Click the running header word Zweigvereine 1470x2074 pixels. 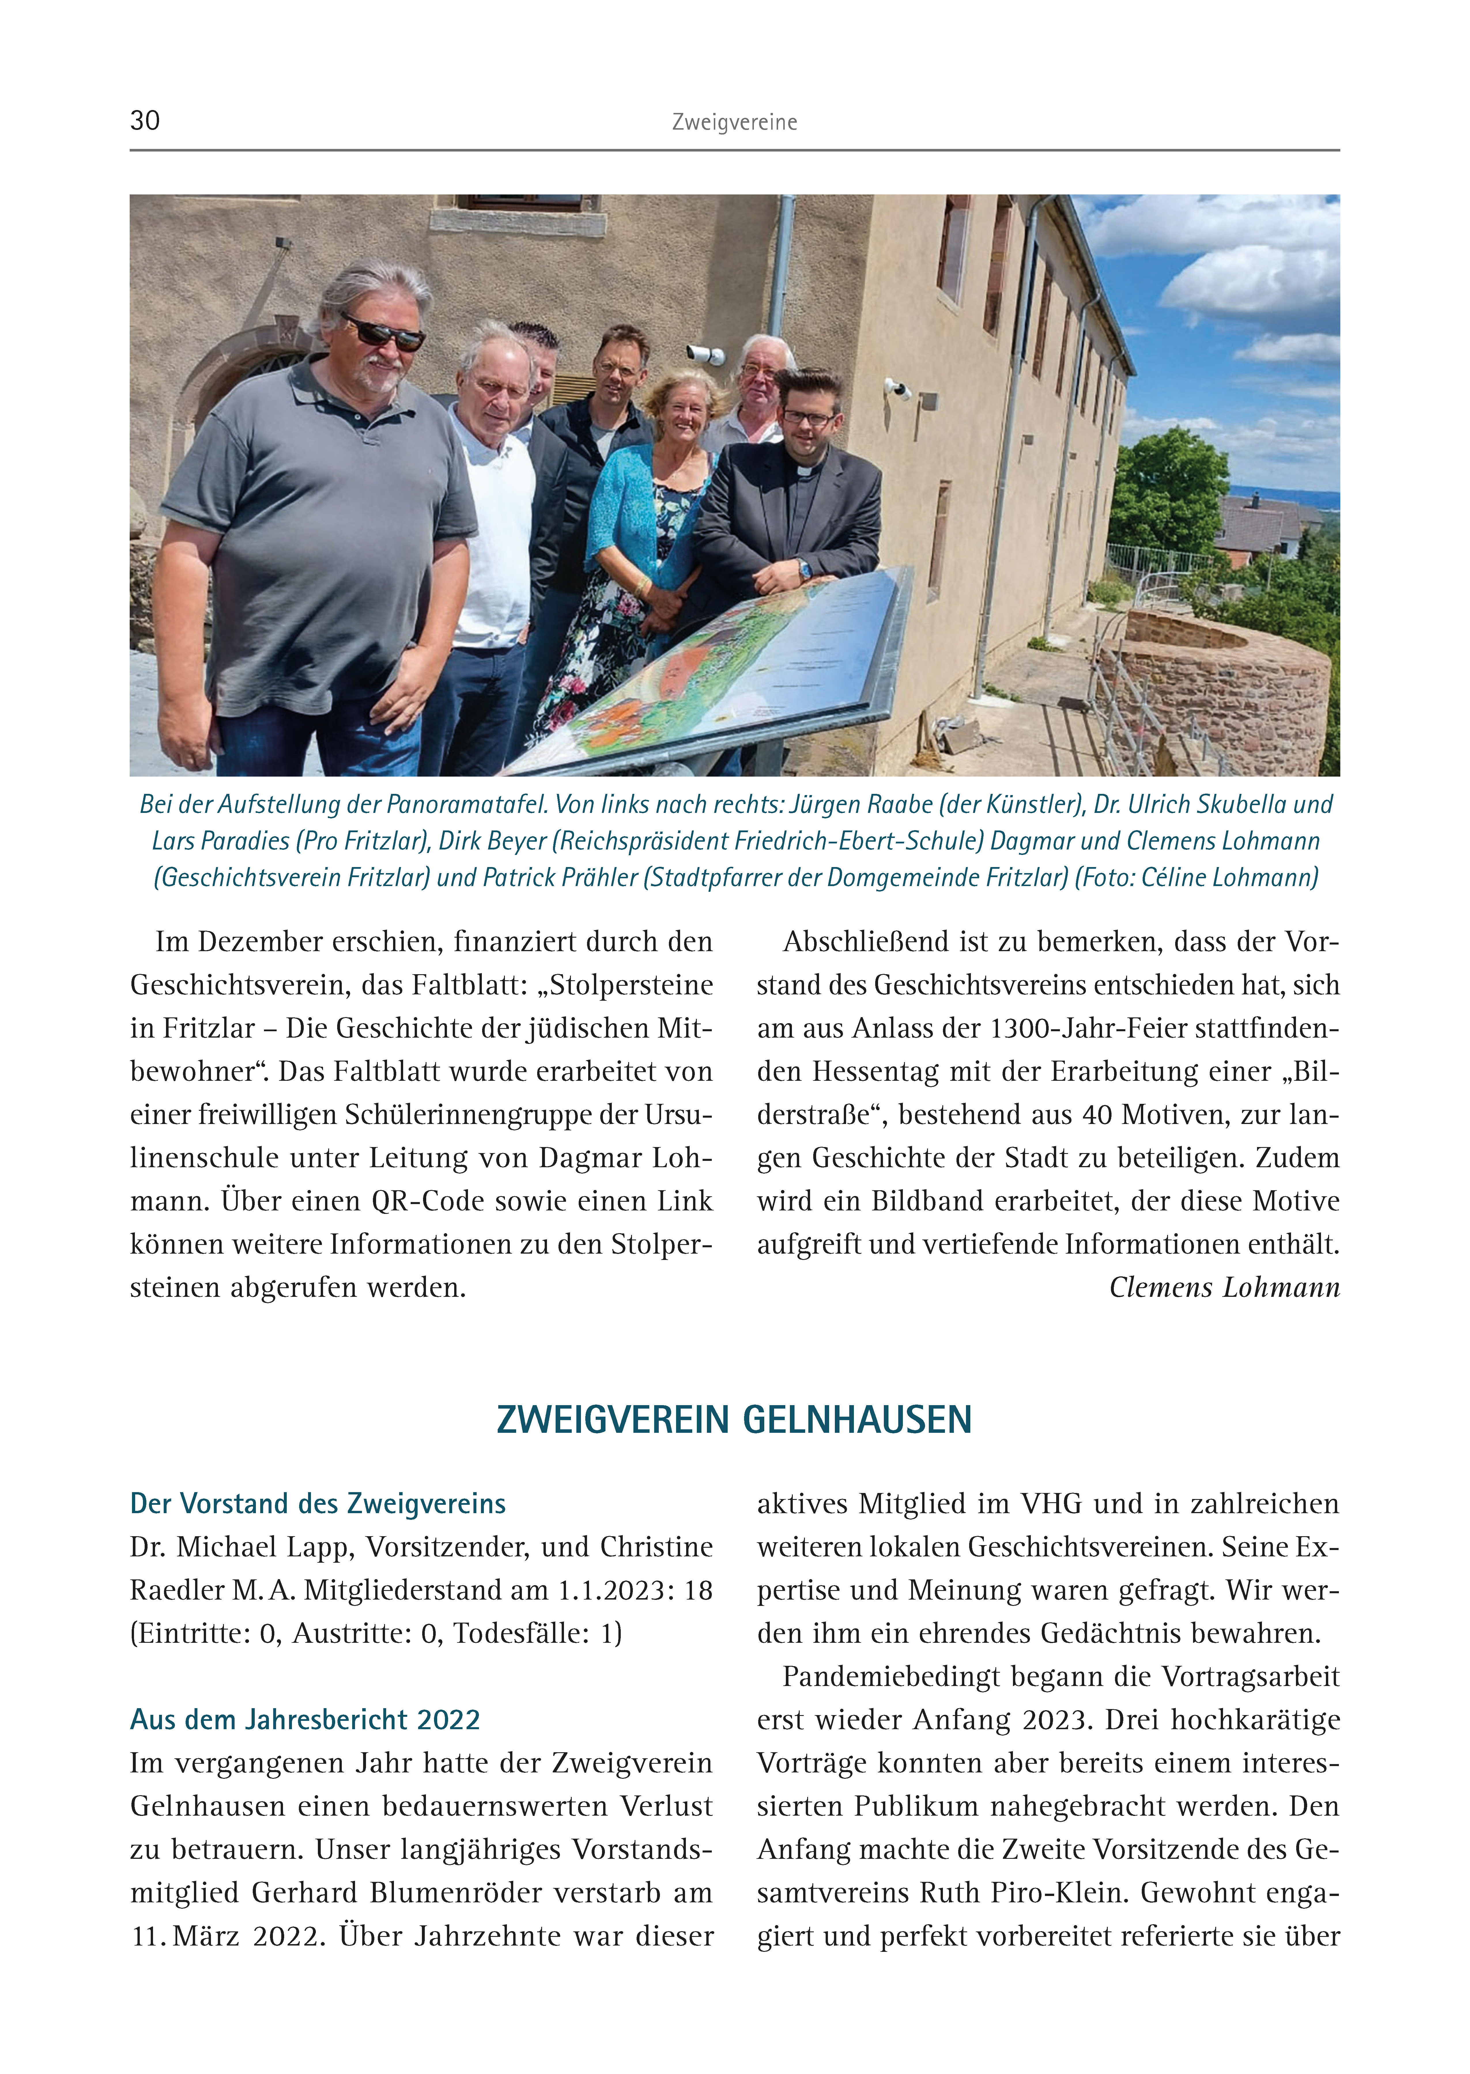[734, 122]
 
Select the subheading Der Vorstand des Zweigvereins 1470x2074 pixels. [318, 1504]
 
